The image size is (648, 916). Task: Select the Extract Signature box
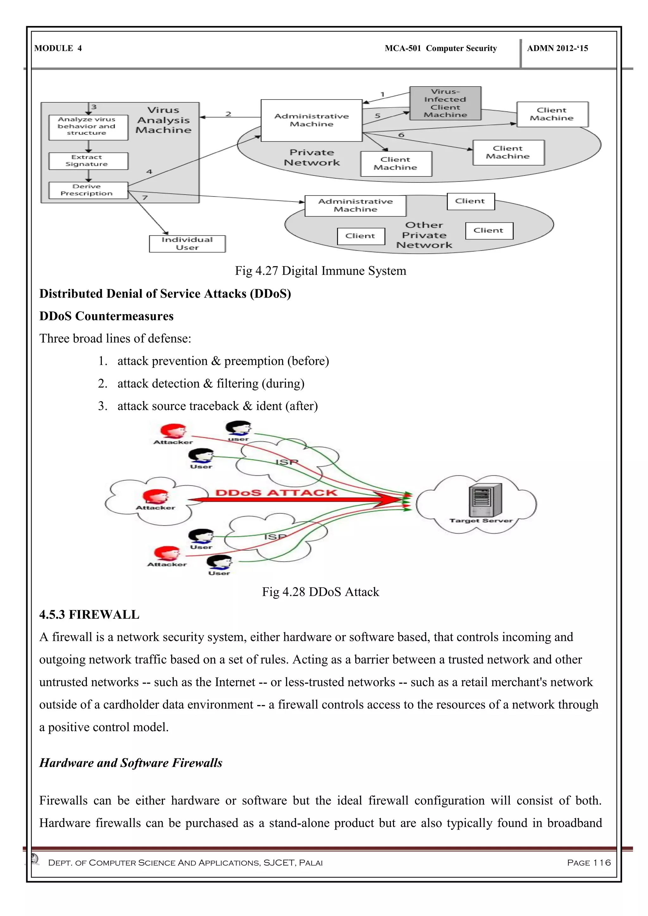(88, 161)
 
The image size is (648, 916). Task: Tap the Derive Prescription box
(88, 190)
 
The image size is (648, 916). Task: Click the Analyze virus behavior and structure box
(88, 127)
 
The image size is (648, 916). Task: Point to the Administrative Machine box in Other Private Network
(355, 206)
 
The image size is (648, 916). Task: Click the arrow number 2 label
(228, 114)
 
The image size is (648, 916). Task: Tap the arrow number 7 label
(145, 197)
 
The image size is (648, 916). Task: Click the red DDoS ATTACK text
(276, 493)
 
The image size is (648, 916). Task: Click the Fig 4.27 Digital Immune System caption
(321, 271)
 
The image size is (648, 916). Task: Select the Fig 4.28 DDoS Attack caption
(321, 592)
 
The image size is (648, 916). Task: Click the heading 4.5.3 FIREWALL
(89, 614)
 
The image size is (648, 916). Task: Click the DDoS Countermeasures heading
(107, 316)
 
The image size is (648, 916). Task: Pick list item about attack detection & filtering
(211, 383)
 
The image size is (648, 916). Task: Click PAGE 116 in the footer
(589, 863)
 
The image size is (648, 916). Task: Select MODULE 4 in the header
(58, 48)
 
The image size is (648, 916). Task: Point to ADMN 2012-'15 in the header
(558, 48)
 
